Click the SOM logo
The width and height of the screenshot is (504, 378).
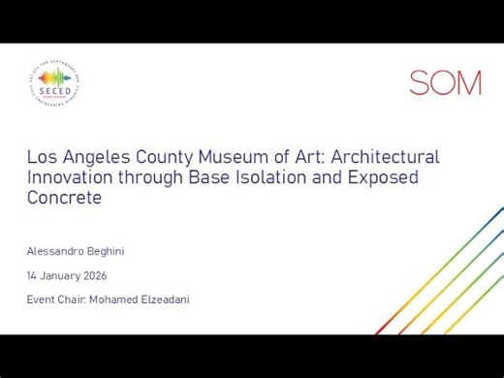(445, 82)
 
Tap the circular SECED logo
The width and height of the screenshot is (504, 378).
(55, 84)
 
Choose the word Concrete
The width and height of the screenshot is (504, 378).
(64, 198)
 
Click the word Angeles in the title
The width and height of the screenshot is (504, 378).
(93, 157)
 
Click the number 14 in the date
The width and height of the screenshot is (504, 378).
(32, 275)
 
